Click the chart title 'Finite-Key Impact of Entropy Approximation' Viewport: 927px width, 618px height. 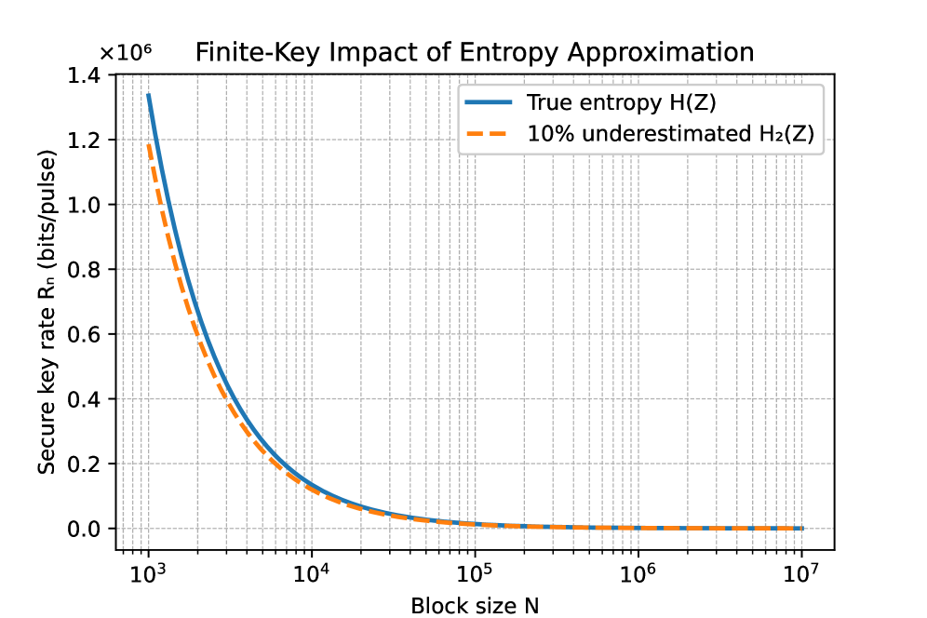pos(475,53)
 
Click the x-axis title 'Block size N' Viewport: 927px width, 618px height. pos(475,606)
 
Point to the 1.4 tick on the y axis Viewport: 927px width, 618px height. pos(86,75)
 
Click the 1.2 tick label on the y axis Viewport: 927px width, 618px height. pos(86,141)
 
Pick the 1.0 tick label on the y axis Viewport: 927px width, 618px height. pos(86,205)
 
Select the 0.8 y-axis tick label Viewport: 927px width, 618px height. pos(86,270)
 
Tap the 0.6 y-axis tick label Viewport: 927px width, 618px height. pos(86,334)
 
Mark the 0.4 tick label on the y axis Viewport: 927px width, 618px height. pos(86,399)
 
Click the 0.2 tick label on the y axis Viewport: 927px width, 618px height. pos(86,463)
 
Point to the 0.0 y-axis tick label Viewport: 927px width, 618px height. pos(86,529)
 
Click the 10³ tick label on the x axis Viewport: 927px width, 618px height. pos(148,571)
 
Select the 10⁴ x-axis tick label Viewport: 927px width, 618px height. pos(311,571)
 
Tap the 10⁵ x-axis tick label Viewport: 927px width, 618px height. pos(475,571)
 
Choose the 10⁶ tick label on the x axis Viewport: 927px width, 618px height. pos(638,571)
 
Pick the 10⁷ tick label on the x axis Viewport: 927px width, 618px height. pos(801,571)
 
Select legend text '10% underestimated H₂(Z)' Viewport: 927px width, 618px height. pos(670,134)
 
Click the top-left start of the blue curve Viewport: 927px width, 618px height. pos(148,95)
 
